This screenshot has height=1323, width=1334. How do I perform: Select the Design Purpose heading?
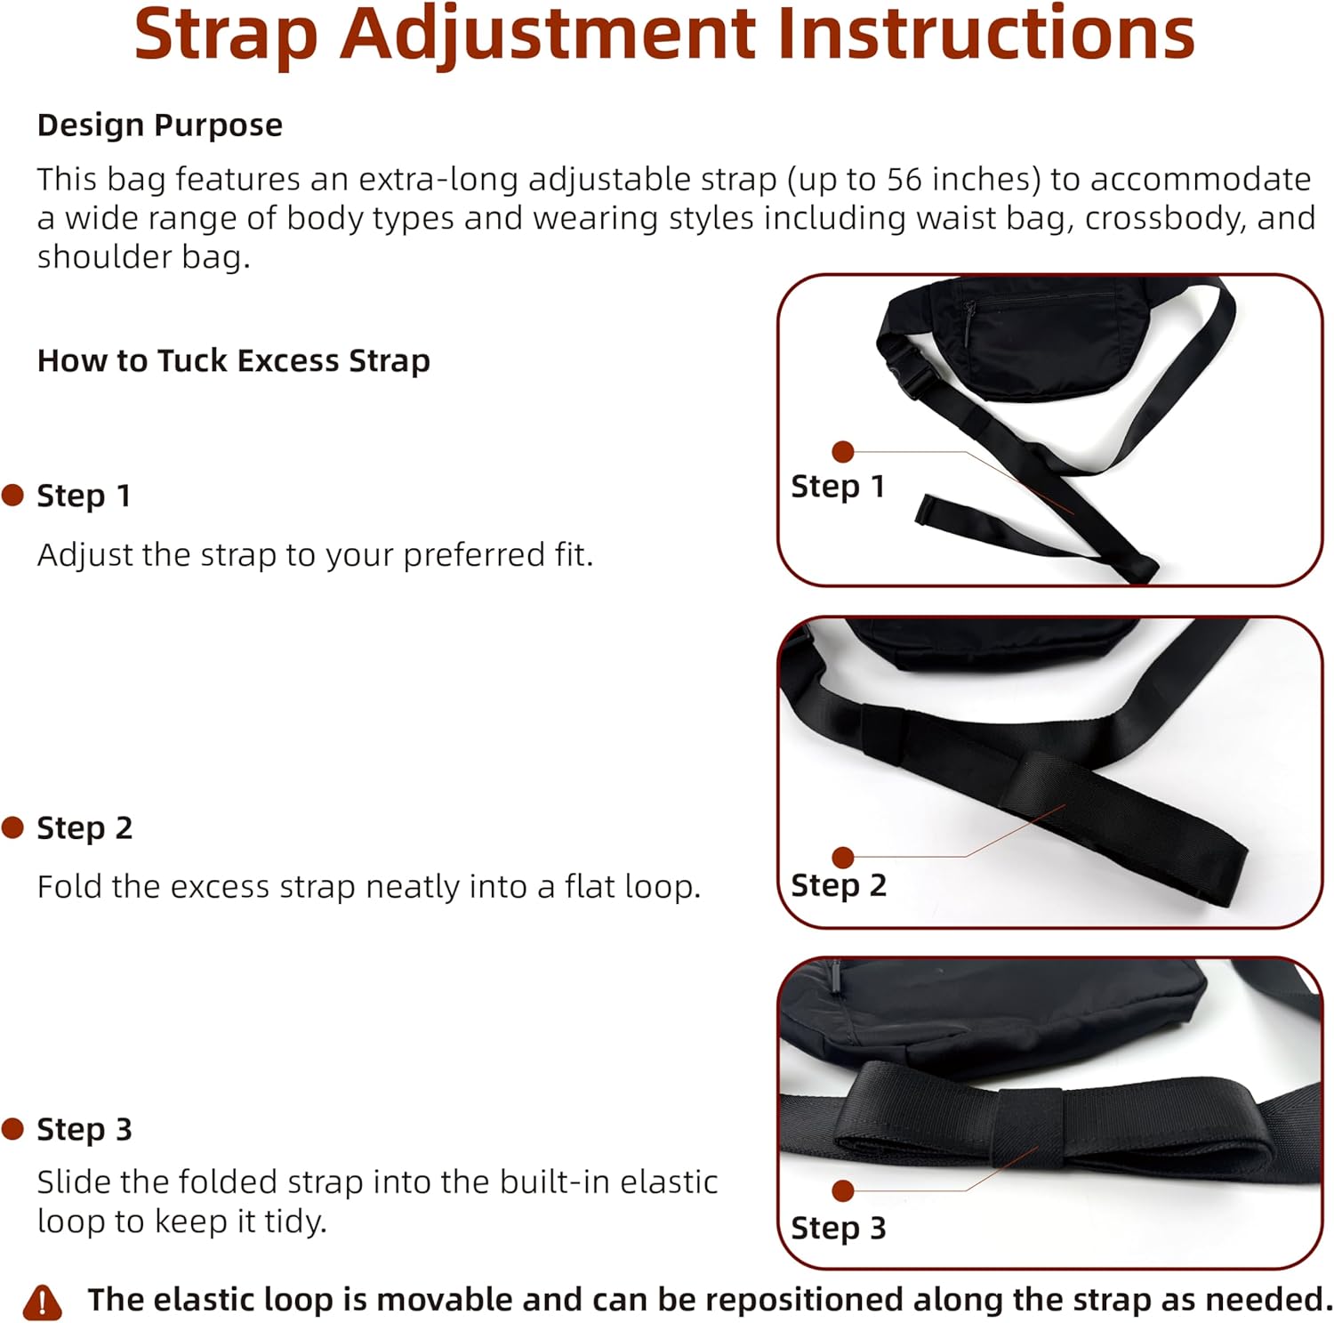[160, 125]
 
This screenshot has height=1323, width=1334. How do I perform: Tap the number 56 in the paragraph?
[904, 180]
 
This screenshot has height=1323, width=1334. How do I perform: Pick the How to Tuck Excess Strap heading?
[234, 360]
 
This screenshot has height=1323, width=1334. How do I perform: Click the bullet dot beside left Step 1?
[12, 496]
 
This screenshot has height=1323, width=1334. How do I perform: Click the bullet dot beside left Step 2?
[12, 828]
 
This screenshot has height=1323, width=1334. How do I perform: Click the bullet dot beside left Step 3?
[12, 1129]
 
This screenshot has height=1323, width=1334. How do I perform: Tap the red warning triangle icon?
[42, 1302]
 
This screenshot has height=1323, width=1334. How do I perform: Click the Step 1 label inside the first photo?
[838, 487]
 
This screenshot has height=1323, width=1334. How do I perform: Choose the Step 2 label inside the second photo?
[839, 885]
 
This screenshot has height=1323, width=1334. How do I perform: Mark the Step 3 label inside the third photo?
[839, 1228]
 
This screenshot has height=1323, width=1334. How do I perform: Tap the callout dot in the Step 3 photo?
[843, 1190]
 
